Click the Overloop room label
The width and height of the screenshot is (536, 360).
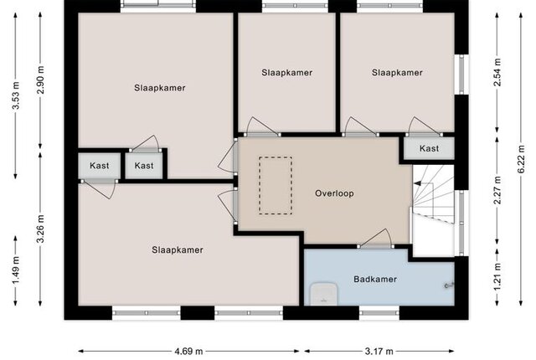[x=334, y=193]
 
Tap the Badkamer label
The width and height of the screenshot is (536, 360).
[x=375, y=279]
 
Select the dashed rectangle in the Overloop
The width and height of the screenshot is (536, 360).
[x=276, y=186]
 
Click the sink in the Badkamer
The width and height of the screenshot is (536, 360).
[x=323, y=293]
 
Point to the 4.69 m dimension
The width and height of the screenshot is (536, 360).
[x=188, y=351]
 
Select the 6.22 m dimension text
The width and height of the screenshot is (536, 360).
[x=521, y=159]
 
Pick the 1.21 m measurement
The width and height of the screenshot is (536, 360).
[x=497, y=276]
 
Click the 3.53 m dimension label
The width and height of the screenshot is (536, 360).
[x=15, y=95]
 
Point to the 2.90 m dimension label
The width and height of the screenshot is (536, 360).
[x=40, y=80]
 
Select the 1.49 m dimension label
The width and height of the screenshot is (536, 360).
[x=15, y=270]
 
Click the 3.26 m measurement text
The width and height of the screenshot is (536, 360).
[x=40, y=229]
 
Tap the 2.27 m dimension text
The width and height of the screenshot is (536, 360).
[x=497, y=190]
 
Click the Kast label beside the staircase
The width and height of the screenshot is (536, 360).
[x=429, y=148]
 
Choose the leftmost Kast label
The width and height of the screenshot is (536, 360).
[x=99, y=166]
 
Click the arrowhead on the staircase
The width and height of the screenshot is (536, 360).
[x=417, y=183]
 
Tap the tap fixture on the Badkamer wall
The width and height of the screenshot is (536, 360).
[x=449, y=285]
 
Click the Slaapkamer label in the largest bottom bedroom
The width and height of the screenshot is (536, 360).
[x=178, y=250]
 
